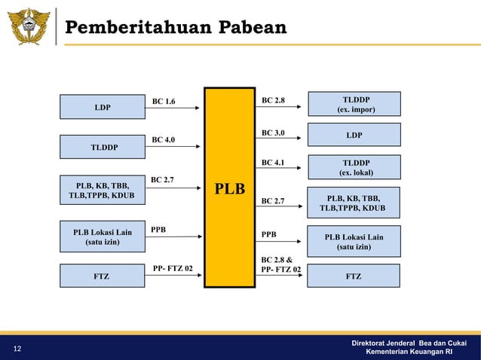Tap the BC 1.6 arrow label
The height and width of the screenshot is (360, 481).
pos(163,100)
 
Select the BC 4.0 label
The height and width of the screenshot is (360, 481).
pos(163,139)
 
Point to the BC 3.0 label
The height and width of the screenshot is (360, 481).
pos(273,133)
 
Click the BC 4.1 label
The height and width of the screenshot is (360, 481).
pos(273,162)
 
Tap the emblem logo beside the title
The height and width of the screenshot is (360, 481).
pos(28,27)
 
